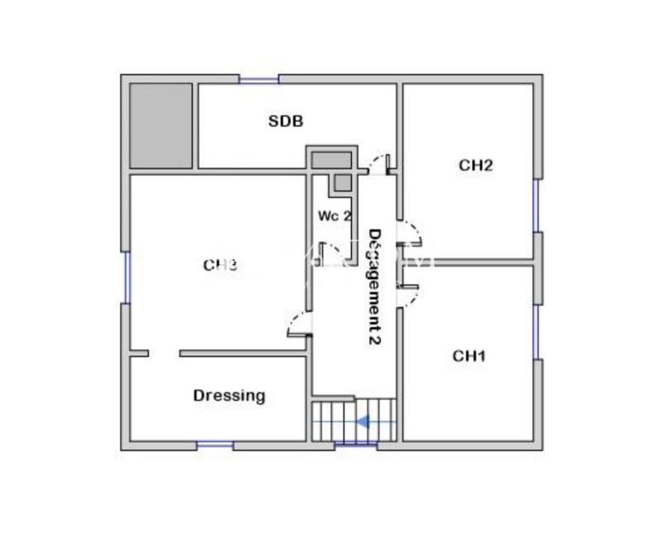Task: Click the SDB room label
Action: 286,121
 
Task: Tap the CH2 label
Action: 476,165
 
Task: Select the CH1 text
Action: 469,356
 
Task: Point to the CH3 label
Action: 221,265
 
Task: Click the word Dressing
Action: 230,395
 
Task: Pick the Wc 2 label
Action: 335,215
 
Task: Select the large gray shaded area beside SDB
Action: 161,125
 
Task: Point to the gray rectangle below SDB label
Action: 331,159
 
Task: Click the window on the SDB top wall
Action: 259,79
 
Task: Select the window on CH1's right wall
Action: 536,332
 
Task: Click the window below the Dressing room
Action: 215,445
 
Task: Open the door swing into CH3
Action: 297,325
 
